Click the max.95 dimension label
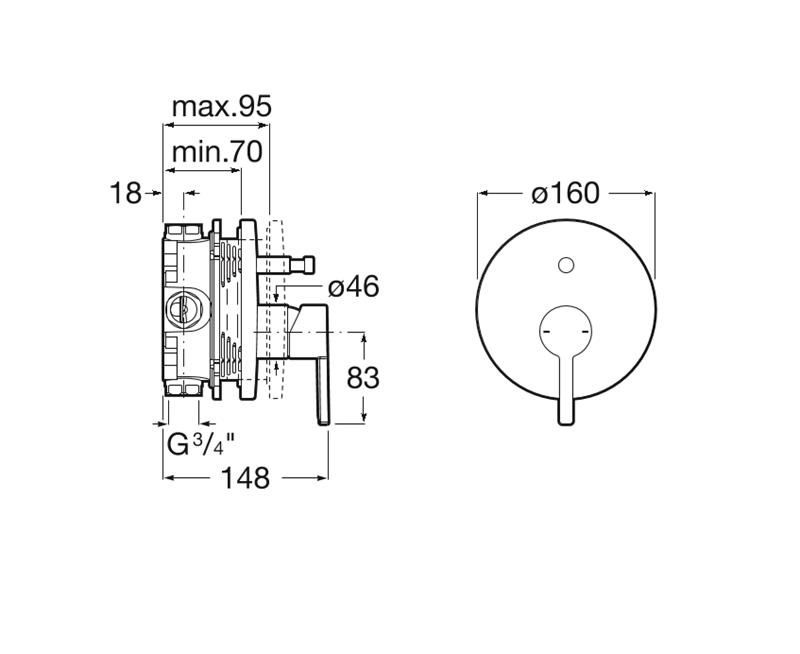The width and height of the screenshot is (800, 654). tap(222, 107)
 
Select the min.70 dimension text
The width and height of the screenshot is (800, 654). tap(217, 152)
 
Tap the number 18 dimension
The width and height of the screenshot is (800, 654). tap(126, 193)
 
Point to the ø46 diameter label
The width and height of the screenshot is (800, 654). tap(353, 286)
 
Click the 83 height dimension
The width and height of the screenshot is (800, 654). tap(363, 378)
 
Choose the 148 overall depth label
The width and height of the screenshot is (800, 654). tap(245, 478)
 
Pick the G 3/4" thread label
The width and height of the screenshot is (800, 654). tap(201, 444)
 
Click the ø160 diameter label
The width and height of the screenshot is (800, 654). tap(565, 193)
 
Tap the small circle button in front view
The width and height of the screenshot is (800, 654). tap(566, 266)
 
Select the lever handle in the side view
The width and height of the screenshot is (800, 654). tap(323, 390)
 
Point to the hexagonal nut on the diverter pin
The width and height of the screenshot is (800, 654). tap(303, 265)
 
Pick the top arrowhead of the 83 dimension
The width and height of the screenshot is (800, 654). tap(363, 339)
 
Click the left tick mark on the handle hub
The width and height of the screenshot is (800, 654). tap(545, 332)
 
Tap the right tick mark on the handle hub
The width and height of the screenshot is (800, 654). tap(586, 332)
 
